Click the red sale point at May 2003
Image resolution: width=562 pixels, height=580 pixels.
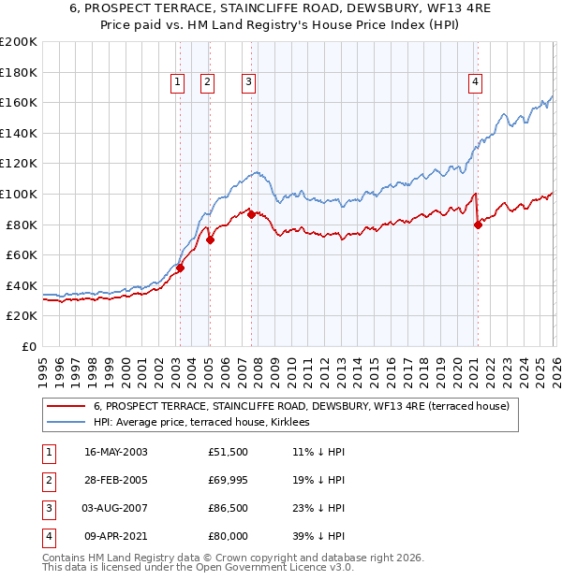pyautogui.click(x=180, y=268)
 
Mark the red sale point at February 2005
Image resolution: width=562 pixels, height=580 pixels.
pyautogui.click(x=210, y=239)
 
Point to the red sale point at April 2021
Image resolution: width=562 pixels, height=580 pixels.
pyautogui.click(x=478, y=225)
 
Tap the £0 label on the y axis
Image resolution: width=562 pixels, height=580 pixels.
pyautogui.click(x=27, y=346)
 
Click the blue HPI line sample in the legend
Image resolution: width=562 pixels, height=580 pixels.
pyautogui.click(x=65, y=422)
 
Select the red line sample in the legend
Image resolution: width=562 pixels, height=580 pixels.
pyautogui.click(x=65, y=406)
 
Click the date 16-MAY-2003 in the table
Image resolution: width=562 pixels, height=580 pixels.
pyautogui.click(x=115, y=452)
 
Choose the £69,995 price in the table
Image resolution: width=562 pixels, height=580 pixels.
pyautogui.click(x=229, y=480)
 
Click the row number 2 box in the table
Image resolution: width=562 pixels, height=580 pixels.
pyautogui.click(x=46, y=480)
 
